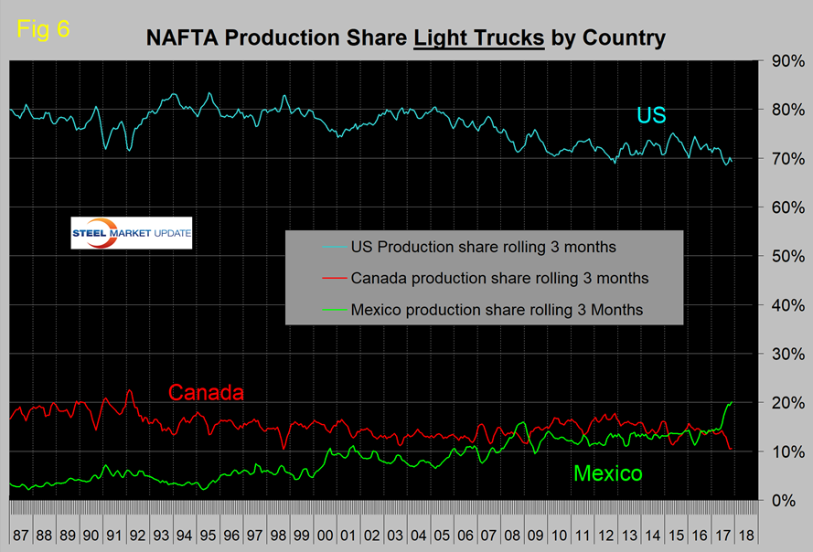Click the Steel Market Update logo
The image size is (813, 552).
coord(132,233)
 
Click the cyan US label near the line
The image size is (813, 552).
coord(651,115)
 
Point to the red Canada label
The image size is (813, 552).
coord(206,393)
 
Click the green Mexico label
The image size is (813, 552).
coord(607,473)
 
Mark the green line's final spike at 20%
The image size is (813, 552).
coord(731,403)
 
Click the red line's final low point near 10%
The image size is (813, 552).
coord(731,449)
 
